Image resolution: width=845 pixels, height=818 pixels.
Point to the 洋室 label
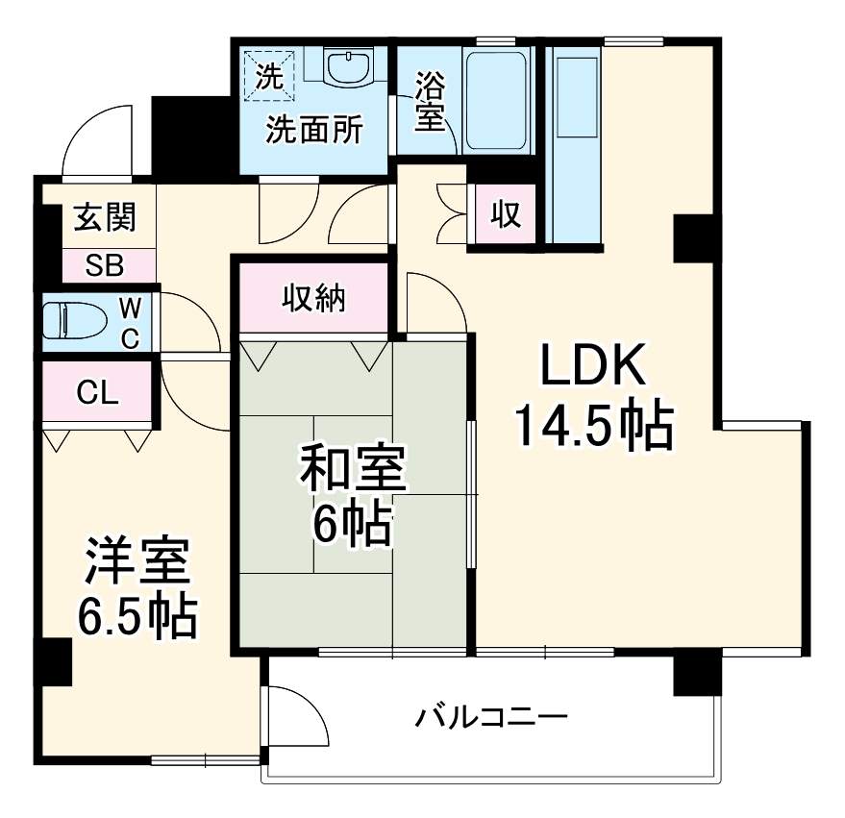[135, 564]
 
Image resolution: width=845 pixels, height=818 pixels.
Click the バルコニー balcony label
[491, 717]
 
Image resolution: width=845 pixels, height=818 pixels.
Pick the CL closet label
[97, 392]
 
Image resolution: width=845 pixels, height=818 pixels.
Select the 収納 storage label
[313, 299]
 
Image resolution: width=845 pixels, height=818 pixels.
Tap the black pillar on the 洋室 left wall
[54, 662]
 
